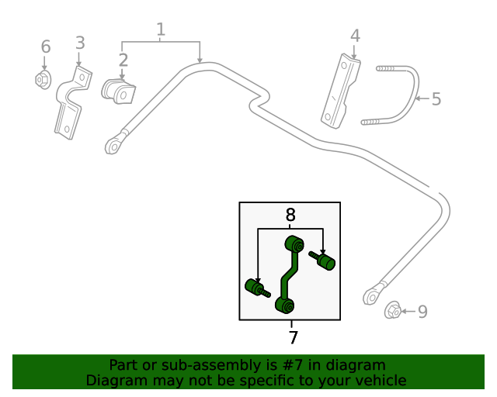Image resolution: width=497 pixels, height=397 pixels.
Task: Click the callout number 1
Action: click(x=161, y=30)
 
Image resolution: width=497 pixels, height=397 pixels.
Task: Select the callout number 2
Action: click(x=123, y=60)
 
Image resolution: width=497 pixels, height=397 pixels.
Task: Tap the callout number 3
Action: click(x=80, y=43)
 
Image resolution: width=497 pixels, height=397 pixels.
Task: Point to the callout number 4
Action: click(x=355, y=36)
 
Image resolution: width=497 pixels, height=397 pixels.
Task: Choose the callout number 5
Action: click(x=436, y=99)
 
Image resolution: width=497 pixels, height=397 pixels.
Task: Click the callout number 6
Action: click(x=45, y=47)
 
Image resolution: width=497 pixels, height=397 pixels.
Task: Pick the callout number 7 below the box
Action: click(x=293, y=338)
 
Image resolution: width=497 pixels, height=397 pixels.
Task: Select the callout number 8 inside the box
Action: click(x=290, y=216)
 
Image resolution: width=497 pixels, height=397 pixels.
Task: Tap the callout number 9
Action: click(x=422, y=312)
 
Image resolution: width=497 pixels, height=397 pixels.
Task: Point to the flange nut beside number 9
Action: click(x=394, y=311)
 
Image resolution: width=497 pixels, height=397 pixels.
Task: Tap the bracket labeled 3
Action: click(x=71, y=105)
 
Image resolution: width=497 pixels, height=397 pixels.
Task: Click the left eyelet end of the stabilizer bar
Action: click(x=114, y=145)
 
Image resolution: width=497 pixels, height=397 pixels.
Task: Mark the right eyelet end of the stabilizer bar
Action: click(x=373, y=296)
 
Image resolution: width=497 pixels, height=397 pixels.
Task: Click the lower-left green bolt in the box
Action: click(x=255, y=288)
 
